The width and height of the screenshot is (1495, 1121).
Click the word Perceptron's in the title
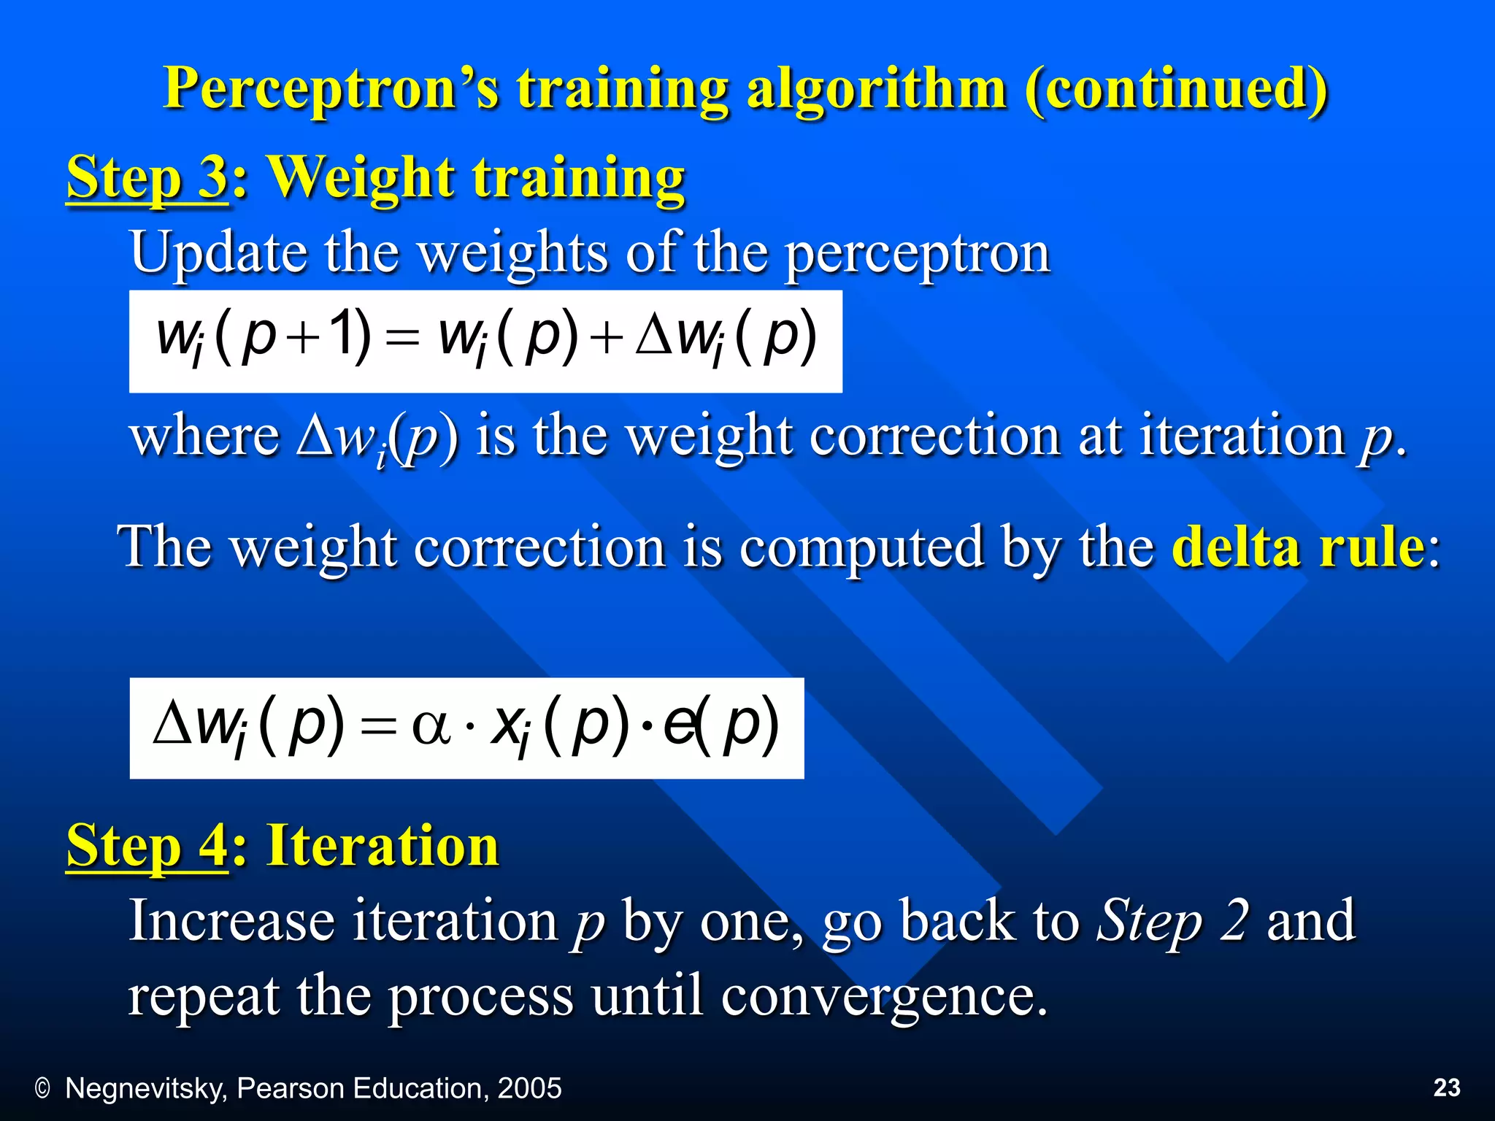coord(332,89)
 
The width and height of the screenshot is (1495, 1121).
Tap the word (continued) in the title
coord(1176,89)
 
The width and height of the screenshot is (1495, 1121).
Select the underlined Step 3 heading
coord(147,177)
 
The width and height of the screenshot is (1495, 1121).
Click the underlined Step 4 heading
coord(147,846)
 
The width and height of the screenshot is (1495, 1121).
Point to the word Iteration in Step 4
coord(383,846)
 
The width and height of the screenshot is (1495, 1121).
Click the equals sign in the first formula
coord(402,340)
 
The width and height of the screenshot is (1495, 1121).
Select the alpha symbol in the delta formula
coord(431,728)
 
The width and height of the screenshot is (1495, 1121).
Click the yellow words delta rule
coord(1298,547)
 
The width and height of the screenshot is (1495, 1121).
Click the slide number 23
coord(1447,1087)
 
